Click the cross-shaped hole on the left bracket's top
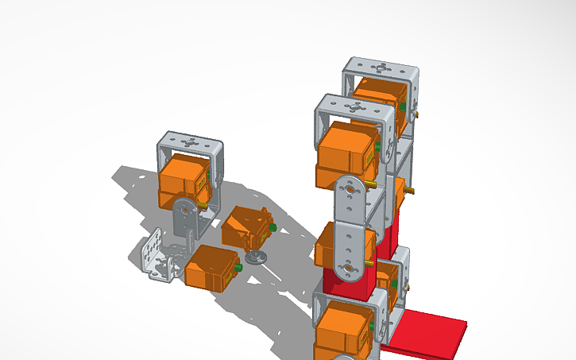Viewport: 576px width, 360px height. (191, 144)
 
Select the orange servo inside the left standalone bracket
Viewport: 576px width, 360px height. (183, 179)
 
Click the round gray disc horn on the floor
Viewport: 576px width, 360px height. (256, 256)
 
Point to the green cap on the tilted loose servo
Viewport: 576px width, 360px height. (273, 228)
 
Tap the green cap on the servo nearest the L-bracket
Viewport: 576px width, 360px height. (238, 268)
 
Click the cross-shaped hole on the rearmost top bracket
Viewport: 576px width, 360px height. (382, 68)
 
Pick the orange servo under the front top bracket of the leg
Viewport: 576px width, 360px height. (347, 155)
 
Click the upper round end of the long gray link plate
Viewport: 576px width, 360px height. (350, 191)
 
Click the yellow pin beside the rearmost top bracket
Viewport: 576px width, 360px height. (415, 114)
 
